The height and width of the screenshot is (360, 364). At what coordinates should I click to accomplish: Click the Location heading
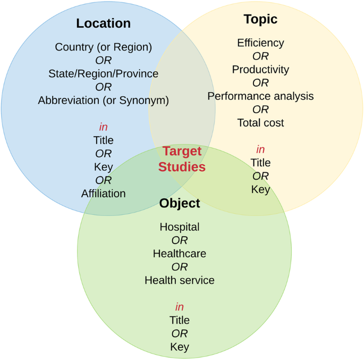pyautogui.click(x=103, y=23)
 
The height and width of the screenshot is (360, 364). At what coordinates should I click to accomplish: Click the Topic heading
pyautogui.click(x=260, y=19)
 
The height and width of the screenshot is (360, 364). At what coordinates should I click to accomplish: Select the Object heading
pyautogui.click(x=180, y=203)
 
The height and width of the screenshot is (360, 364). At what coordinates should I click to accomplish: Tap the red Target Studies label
pyautogui.click(x=182, y=159)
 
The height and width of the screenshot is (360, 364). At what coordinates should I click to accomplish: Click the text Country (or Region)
pyautogui.click(x=103, y=47)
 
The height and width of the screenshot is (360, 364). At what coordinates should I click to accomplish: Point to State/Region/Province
pyautogui.click(x=103, y=73)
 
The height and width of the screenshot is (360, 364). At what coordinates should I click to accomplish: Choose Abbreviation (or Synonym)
pyautogui.click(x=103, y=100)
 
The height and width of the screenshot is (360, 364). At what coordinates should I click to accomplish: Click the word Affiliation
pyautogui.click(x=103, y=194)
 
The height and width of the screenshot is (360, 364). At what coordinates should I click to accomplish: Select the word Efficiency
pyautogui.click(x=260, y=43)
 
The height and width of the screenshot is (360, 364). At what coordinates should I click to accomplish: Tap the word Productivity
pyautogui.click(x=260, y=69)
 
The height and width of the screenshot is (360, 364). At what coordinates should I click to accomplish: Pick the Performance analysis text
pyautogui.click(x=260, y=96)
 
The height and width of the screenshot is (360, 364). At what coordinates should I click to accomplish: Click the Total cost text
pyautogui.click(x=260, y=123)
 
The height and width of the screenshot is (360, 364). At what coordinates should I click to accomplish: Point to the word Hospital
pyautogui.click(x=180, y=227)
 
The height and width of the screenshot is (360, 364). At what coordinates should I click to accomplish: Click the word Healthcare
pyautogui.click(x=180, y=254)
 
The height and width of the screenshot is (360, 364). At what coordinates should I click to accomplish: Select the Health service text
pyautogui.click(x=180, y=280)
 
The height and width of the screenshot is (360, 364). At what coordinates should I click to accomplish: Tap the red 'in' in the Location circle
pyautogui.click(x=103, y=127)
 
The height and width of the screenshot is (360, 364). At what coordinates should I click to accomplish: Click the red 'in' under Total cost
pyautogui.click(x=260, y=149)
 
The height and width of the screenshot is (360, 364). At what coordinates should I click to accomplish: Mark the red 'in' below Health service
pyautogui.click(x=180, y=307)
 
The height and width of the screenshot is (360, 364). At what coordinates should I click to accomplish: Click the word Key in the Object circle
pyautogui.click(x=180, y=347)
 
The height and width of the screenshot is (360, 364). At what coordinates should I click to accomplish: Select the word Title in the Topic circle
pyautogui.click(x=260, y=163)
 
